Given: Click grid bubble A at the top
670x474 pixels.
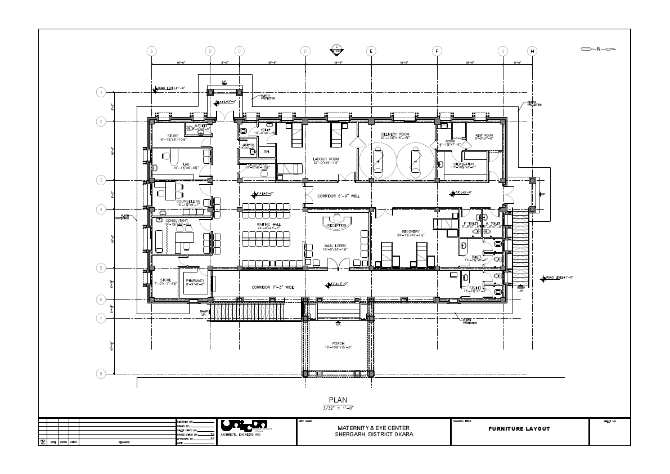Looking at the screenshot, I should pyautogui.click(x=151, y=51).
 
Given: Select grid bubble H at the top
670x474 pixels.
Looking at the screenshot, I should pyautogui.click(x=532, y=51).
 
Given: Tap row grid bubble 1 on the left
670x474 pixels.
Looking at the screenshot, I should pyautogui.click(x=101, y=92).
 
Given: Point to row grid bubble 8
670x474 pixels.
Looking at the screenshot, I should pyautogui.click(x=101, y=373).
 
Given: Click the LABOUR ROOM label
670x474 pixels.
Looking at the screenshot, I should pyautogui.click(x=325, y=159).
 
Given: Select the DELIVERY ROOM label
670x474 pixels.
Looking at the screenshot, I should pyautogui.click(x=392, y=134).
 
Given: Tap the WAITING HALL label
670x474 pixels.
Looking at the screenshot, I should pyautogui.click(x=268, y=225).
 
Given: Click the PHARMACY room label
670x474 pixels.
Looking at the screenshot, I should pyautogui.click(x=195, y=280).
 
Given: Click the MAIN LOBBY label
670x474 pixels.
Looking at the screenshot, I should pyautogui.click(x=335, y=245).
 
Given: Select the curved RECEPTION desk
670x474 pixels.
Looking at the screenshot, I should pyautogui.click(x=336, y=224).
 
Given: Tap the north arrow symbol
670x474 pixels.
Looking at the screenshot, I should pyautogui.click(x=599, y=50).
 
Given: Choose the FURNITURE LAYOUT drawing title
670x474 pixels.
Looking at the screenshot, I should pyautogui.click(x=519, y=429).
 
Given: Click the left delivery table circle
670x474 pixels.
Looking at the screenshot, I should pyautogui.click(x=379, y=160).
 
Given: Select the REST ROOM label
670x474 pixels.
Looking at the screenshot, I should pyautogui.click(x=483, y=136).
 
